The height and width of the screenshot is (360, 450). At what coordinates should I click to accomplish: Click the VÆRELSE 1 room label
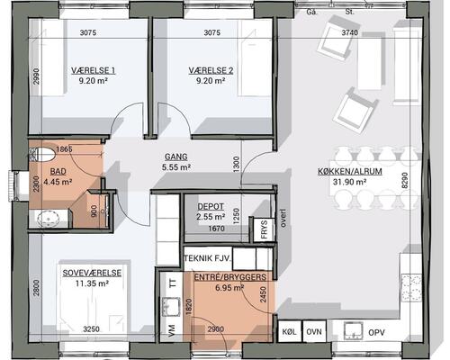pos(93,70)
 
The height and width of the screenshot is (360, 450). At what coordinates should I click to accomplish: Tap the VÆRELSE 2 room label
pos(211,70)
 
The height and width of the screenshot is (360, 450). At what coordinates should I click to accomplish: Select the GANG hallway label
pos(176,157)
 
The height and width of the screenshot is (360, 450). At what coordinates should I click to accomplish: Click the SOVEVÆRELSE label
pos(92,273)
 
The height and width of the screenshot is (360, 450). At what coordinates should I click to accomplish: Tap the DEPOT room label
pos(211,206)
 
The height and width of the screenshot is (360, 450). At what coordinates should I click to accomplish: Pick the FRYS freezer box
pos(264,229)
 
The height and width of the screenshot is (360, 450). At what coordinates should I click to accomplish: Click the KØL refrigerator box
pos(290,331)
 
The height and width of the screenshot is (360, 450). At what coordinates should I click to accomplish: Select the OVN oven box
pos(314,331)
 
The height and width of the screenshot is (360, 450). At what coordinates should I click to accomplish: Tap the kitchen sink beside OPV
pos(354,331)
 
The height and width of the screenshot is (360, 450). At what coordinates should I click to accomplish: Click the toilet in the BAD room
pos(42,155)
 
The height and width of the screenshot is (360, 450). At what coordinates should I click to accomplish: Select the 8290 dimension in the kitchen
pos(405,181)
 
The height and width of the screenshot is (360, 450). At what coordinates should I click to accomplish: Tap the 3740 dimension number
pos(350,32)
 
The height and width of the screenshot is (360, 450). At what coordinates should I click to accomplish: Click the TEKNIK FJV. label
pos(208,258)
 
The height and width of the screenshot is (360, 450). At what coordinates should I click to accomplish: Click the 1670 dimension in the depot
pos(216,229)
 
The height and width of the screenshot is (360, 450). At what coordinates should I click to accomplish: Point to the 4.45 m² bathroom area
pos(58,182)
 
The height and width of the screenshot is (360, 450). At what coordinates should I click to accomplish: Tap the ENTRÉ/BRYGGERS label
pos(230,277)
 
